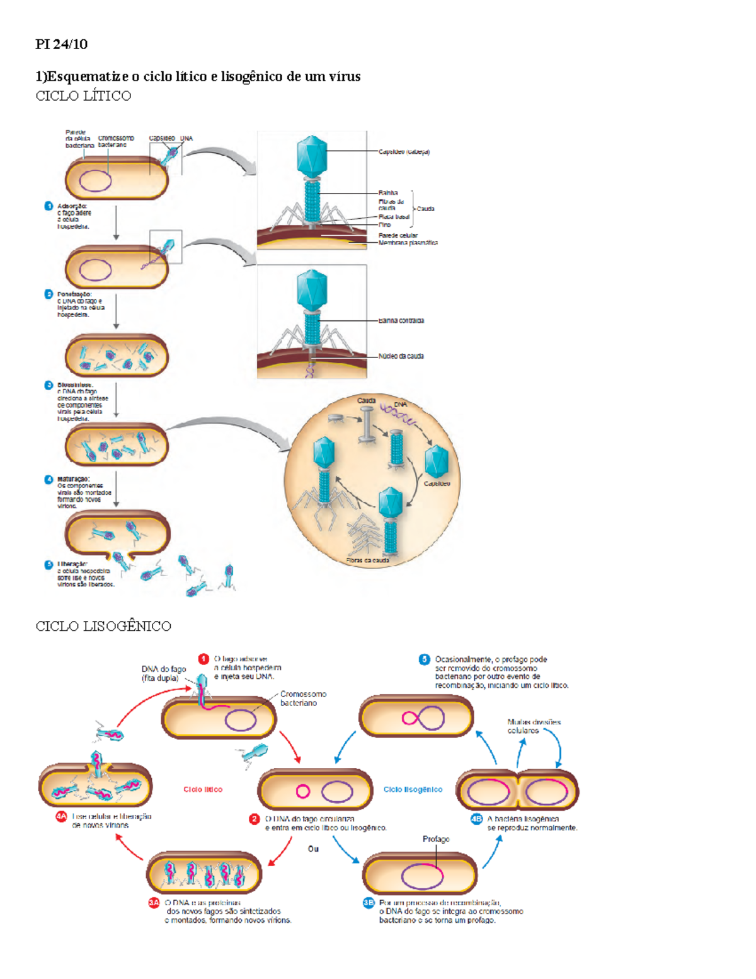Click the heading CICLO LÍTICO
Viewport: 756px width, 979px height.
83,96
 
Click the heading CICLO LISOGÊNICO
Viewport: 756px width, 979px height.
103,626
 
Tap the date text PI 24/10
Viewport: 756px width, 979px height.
61,44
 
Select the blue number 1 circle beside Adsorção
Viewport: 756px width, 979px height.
49,206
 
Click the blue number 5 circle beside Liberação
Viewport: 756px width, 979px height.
49,565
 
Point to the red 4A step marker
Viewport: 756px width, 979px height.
61,816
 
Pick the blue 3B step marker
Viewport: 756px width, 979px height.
369,903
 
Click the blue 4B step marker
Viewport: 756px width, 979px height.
477,819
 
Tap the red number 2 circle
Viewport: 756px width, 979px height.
255,819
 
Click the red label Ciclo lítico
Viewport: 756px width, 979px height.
203,789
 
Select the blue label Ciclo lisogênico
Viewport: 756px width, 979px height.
413,789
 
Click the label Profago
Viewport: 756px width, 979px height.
436,839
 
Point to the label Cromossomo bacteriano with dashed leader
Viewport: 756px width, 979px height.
303,698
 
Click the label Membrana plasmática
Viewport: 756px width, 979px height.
408,243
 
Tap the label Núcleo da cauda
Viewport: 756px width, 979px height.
401,356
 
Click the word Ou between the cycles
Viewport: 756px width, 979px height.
313,849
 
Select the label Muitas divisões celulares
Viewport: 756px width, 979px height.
534,726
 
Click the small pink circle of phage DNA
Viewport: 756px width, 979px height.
303,791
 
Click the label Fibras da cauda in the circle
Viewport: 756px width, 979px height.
367,560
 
